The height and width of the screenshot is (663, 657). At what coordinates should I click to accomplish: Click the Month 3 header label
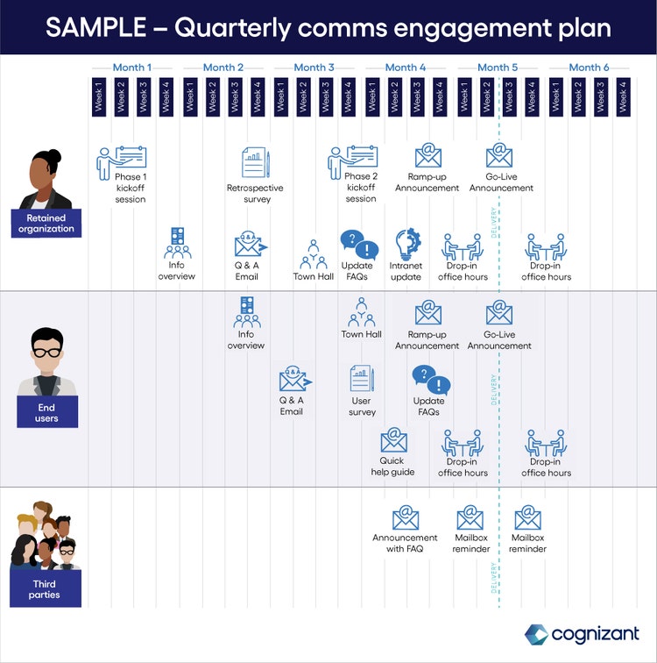pos(314,68)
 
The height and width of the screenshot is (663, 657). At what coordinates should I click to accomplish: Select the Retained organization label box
pos(46,224)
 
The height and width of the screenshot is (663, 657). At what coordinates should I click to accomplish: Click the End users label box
pos(46,412)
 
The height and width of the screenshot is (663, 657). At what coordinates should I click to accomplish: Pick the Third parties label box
pos(45,589)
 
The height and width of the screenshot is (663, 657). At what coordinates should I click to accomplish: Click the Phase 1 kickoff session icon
pos(122,160)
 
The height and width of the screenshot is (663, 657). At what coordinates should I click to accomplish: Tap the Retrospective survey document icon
pos(255,162)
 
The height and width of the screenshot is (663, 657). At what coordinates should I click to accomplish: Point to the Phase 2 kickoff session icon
pos(353,160)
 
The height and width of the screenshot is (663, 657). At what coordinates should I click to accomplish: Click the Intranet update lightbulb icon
pos(407,243)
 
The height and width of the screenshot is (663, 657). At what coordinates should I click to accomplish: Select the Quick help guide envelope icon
pos(393,440)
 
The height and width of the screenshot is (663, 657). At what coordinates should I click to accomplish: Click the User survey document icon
pos(362,379)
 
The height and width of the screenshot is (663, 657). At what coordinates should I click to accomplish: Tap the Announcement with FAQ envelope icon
pos(406,517)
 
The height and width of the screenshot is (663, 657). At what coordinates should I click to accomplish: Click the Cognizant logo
pos(582,633)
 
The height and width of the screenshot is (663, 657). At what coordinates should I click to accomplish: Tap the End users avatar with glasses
pos(46,360)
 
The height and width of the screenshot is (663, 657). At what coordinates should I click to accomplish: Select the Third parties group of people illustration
pos(46,535)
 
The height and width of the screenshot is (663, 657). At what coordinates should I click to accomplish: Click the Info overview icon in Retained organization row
pos(177,243)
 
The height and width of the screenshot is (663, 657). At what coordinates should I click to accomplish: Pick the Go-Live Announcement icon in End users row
pos(498,313)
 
